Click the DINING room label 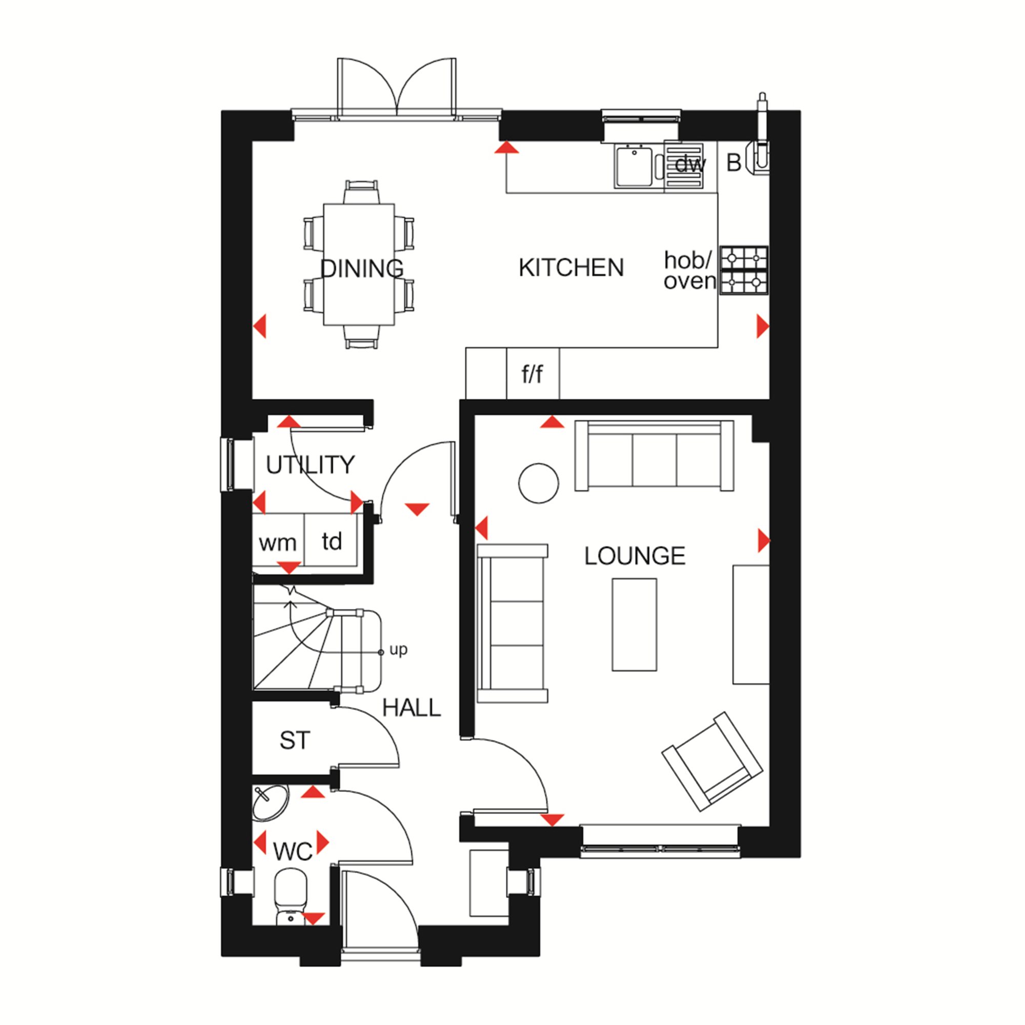pos(362,269)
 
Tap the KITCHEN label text pos(571,268)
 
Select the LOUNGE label pos(634,556)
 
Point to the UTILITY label pos(310,465)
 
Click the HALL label pos(412,708)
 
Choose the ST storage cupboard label pos(295,741)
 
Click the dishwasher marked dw pos(684,166)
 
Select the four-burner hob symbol pos(744,270)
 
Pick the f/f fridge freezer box pos(532,374)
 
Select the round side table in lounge pos(539,483)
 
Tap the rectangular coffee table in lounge pos(634,624)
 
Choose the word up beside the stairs pos(398,650)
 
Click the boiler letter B pos(734,163)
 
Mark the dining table pos(359,264)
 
